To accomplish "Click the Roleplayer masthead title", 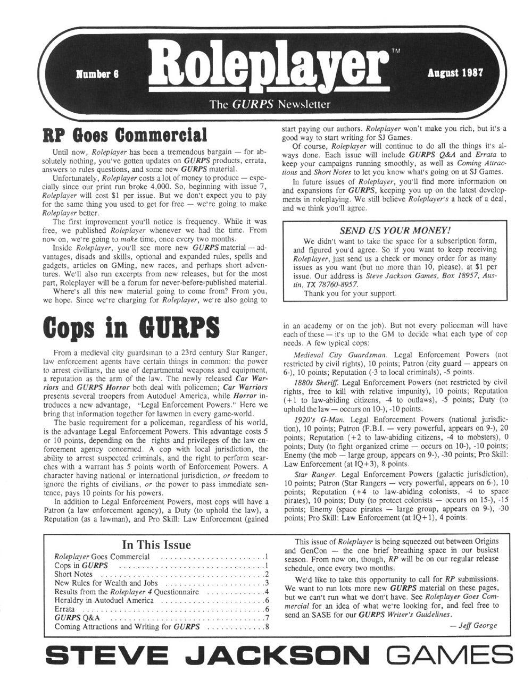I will [269, 69].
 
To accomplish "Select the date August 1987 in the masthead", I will [454, 73].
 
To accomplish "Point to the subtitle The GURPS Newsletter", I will [270, 104].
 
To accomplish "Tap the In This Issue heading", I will [156, 544].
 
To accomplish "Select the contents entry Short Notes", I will [73, 574].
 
